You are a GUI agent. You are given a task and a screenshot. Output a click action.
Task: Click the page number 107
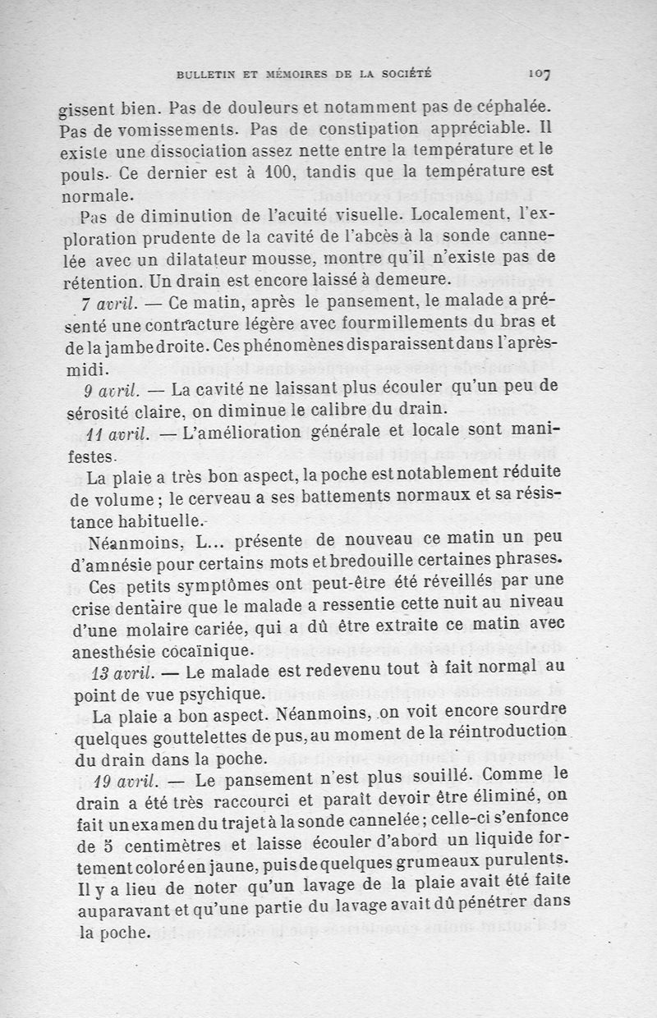pos(540,75)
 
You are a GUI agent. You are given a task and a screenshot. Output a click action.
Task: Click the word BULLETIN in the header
pos(205,76)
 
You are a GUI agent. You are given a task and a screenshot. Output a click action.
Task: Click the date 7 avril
pos(109,303)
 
